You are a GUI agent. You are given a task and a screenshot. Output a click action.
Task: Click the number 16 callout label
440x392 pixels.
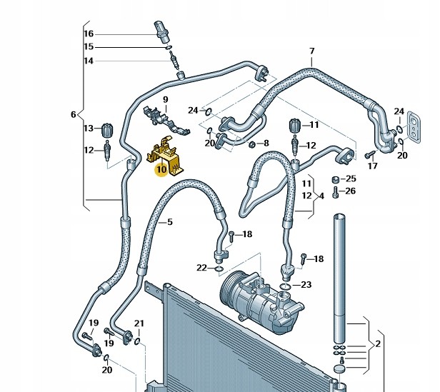pos(89,34)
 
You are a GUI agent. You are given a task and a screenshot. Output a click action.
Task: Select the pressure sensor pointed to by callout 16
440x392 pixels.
pos(161,31)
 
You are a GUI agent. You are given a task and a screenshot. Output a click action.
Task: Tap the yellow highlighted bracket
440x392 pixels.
pos(164,156)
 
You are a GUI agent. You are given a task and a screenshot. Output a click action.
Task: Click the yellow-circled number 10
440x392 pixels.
pos(161,169)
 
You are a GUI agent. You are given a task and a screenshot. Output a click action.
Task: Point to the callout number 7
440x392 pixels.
pos(312,51)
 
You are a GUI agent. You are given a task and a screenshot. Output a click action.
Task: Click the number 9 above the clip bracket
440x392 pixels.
pos(166,100)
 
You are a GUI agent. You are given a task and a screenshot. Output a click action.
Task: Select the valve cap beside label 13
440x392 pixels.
pos(107,130)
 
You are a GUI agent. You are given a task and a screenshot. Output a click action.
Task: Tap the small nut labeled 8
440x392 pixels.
pos(252,144)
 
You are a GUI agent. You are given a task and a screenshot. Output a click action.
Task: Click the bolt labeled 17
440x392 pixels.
pos(369,154)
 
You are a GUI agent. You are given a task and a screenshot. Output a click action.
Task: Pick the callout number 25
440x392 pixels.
pos(351,179)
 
